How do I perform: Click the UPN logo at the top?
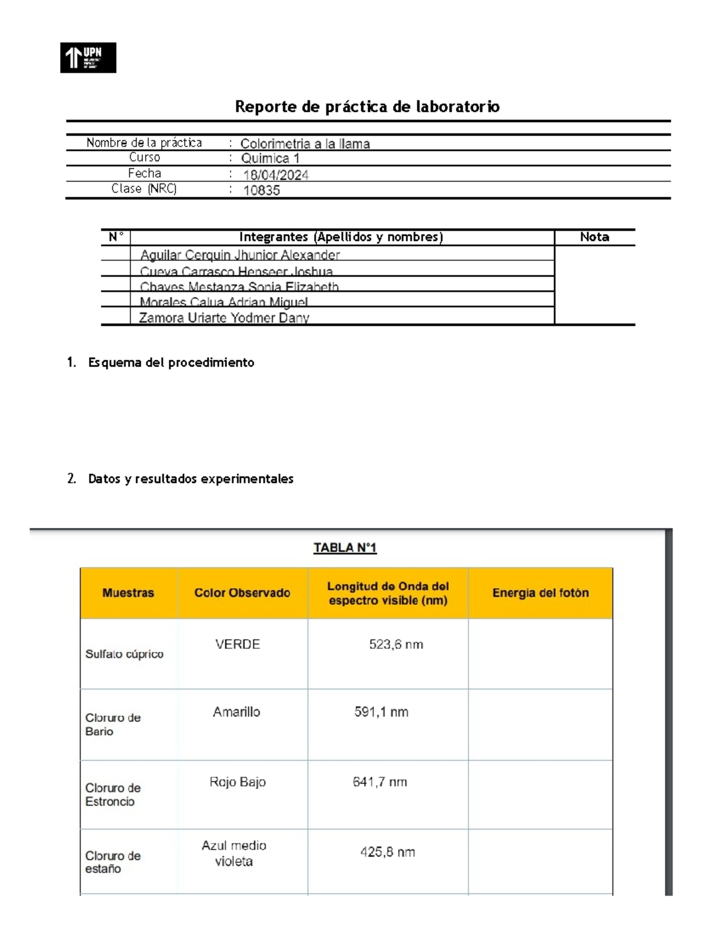[88, 58]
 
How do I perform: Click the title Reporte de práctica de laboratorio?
[367, 107]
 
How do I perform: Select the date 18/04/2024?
[276, 175]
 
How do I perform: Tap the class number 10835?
[261, 191]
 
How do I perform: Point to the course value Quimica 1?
[270, 159]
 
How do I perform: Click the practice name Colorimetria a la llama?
[305, 144]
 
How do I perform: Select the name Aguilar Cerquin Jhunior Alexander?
[239, 255]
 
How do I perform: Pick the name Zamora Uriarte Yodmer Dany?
[224, 318]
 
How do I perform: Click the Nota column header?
[594, 237]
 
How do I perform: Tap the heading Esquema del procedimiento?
[171, 363]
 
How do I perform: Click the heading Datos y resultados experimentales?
[190, 479]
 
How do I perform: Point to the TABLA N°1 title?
[345, 548]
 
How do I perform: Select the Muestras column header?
[128, 593]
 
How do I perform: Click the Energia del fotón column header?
[540, 593]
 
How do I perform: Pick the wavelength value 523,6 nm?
[396, 645]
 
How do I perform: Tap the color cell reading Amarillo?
[236, 712]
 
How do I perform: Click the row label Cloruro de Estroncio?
[113, 794]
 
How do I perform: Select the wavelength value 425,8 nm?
[387, 852]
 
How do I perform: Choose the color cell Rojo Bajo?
[237, 782]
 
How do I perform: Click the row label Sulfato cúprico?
[124, 654]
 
